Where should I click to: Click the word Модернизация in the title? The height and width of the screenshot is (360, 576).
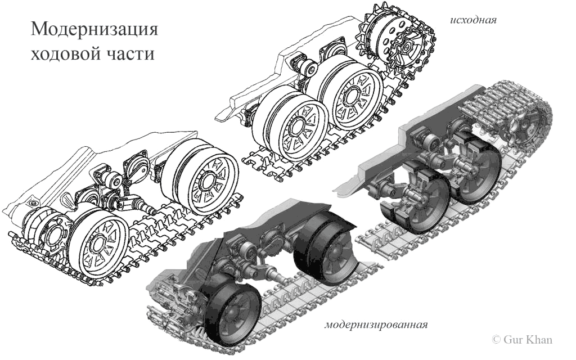[x=94, y=29]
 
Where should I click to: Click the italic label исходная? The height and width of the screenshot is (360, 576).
[x=473, y=20]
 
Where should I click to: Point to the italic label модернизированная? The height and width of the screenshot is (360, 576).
[x=376, y=325]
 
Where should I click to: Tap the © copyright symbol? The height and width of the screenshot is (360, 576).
[x=496, y=340]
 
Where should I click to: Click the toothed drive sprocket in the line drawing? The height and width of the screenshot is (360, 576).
[x=395, y=42]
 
